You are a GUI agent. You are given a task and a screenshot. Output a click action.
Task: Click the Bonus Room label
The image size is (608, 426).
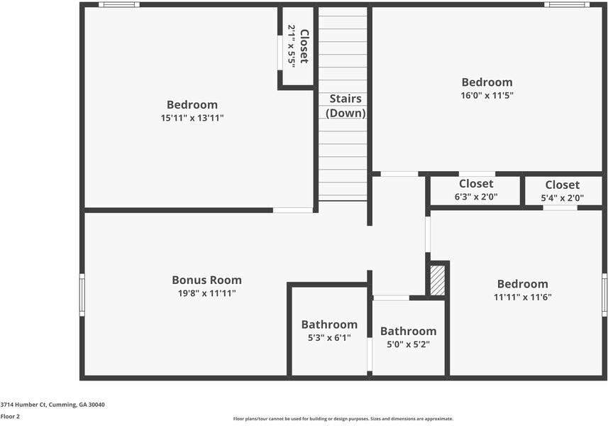tap(206, 280)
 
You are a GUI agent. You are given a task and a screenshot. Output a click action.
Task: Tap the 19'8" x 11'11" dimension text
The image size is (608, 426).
tap(206, 293)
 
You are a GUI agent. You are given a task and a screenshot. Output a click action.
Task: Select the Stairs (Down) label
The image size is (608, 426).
tap(346, 106)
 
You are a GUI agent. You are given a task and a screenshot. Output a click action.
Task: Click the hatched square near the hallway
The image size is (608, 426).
tap(438, 280)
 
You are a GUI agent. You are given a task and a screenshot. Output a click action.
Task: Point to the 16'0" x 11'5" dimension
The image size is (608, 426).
tap(487, 95)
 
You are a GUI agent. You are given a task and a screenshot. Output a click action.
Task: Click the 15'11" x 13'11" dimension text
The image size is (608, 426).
tap(192, 118)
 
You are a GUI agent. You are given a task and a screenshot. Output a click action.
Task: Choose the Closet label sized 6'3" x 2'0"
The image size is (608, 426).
tap(476, 184)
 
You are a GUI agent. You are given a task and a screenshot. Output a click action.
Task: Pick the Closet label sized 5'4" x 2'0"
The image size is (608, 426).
tap(563, 185)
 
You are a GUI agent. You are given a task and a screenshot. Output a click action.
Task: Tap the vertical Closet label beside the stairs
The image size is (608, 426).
tap(304, 46)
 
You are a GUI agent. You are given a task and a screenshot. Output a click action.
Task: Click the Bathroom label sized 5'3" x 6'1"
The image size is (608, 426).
tap(329, 324)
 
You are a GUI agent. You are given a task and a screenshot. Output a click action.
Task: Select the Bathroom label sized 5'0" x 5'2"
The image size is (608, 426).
tap(408, 331)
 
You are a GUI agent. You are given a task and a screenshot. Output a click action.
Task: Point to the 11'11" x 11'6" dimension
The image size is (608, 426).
tap(522, 297)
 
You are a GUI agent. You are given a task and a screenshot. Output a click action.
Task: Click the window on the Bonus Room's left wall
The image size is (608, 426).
tap(82, 295)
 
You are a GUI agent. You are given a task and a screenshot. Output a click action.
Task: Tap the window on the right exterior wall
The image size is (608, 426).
tap(604, 295)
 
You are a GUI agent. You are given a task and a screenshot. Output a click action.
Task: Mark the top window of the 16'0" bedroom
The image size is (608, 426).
tap(566, 5)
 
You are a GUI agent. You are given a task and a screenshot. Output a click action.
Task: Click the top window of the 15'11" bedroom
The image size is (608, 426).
tap(118, 5)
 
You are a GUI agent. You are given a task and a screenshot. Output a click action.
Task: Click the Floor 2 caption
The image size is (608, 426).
tap(10, 417)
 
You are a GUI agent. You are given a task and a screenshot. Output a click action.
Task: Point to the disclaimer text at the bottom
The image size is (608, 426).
tap(343, 419)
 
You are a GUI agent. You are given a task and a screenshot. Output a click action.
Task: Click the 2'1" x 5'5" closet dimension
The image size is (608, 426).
tap(292, 46)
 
